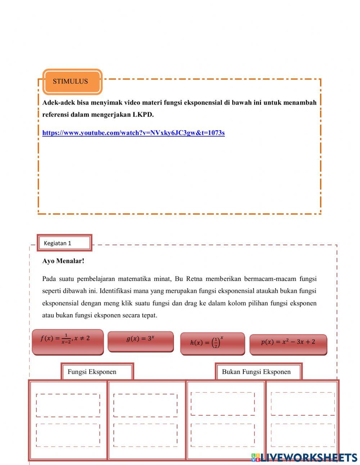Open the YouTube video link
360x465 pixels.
133,133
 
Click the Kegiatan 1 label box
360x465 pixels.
64,243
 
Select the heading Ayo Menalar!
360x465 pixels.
63,261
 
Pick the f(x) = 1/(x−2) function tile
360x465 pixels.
68,341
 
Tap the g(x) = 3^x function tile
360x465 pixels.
140,341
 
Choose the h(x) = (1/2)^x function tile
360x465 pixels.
212,343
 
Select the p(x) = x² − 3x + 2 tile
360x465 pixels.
288,344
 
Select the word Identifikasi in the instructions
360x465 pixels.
115,291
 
